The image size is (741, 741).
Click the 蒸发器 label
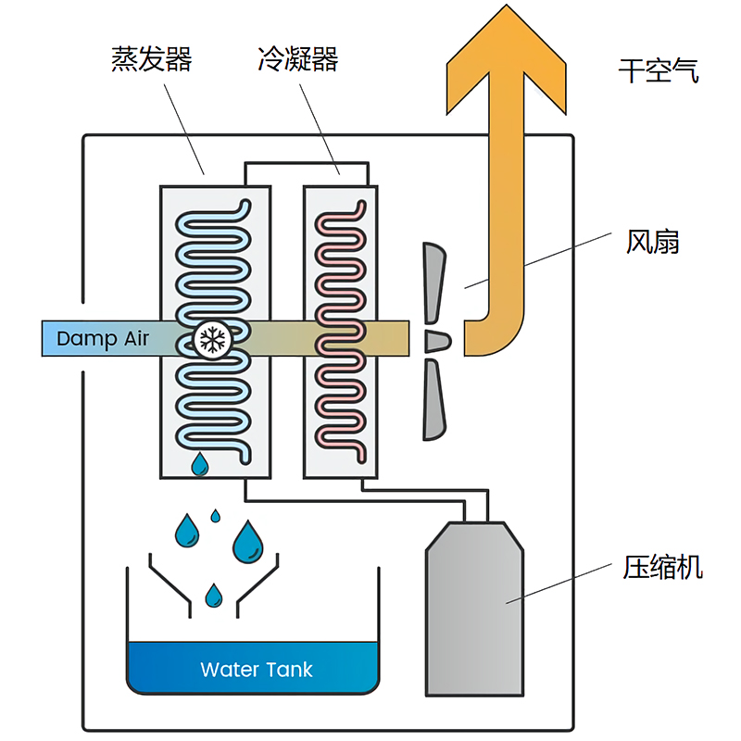click(151, 60)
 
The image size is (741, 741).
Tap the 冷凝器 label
click(298, 60)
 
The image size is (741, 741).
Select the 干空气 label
click(659, 70)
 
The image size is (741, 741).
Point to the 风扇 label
click(653, 243)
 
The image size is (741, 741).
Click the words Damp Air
click(102, 338)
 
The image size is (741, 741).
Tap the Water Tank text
click(257, 670)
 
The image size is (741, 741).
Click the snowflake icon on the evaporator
click(213, 340)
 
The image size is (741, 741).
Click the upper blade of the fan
click(433, 283)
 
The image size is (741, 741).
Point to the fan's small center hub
click(436, 340)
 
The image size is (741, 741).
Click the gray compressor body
click(474, 611)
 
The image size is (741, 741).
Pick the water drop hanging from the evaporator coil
click(199, 465)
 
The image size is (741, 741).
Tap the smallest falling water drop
click(216, 515)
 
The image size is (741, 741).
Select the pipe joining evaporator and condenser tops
click(306, 165)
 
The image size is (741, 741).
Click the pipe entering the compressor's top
click(475, 509)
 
